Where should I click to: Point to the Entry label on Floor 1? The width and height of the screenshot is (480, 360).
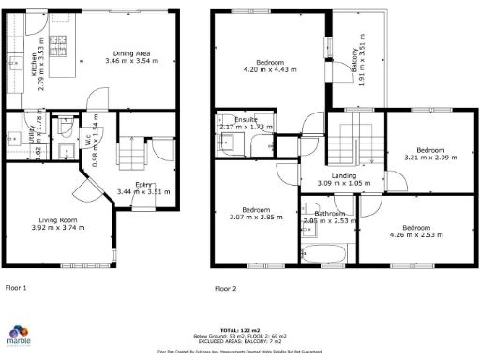coord(144,185)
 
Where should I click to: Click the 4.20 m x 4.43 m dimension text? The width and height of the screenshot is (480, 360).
coord(269,70)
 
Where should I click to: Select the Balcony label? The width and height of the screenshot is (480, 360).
coord(354,60)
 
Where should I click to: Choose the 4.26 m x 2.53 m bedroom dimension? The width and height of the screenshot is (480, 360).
coord(417,235)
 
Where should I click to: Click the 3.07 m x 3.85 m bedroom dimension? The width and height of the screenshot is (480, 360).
coord(256,217)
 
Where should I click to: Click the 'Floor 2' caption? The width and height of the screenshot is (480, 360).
coord(226,288)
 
